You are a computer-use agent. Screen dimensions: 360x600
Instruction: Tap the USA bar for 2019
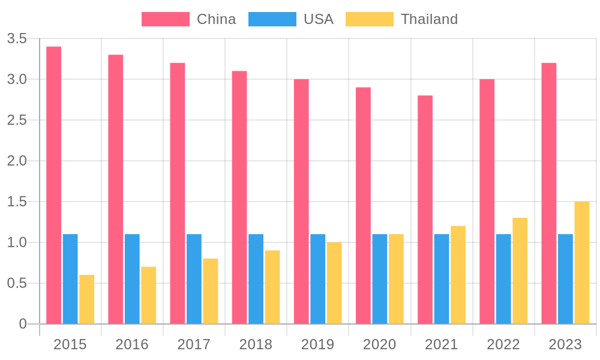tap(317, 279)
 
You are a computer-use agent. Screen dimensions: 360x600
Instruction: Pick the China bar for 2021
tap(425, 209)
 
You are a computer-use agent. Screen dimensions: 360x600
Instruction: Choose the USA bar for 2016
tap(132, 279)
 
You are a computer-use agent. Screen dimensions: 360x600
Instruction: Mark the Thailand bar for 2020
tap(396, 279)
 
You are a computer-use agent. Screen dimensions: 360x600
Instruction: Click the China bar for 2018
tap(239, 197)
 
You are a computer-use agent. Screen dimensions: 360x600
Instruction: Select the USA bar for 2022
tap(503, 279)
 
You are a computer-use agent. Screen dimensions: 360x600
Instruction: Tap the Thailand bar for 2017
tap(211, 291)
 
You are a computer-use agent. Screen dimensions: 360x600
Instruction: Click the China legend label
tap(216, 19)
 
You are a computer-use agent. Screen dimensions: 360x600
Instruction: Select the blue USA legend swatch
tap(278, 19)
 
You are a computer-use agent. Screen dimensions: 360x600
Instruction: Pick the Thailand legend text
tap(429, 19)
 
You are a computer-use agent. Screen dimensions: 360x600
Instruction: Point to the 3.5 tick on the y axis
tap(17, 39)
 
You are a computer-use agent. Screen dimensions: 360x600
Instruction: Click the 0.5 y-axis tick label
tap(17, 283)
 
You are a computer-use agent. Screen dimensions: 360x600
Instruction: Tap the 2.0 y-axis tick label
tap(17, 161)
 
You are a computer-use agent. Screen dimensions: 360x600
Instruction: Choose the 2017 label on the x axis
tap(194, 344)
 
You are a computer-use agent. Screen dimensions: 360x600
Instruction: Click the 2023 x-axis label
tap(565, 344)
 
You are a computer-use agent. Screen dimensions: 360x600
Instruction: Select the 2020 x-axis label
tap(380, 344)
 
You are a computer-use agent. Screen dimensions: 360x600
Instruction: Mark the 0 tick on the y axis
tap(23, 324)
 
